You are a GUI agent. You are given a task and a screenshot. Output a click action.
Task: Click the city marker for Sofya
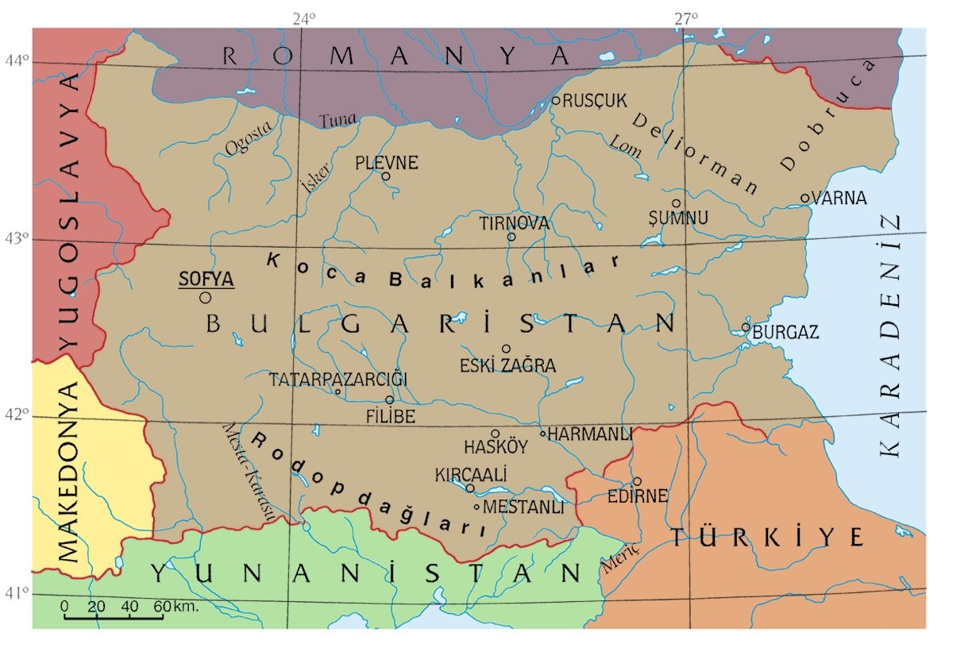(206, 298)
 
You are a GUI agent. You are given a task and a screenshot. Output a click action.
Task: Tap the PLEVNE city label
(386, 163)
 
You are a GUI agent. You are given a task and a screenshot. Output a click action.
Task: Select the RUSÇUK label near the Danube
(595, 100)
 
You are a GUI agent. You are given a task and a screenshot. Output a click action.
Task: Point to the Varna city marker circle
(804, 198)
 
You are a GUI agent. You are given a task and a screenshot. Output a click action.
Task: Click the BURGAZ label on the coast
(786, 333)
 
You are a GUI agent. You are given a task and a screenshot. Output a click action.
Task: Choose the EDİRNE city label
(637, 496)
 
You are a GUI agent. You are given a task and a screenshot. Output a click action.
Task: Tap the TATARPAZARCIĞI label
(338, 379)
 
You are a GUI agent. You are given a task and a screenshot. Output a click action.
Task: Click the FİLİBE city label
(391, 415)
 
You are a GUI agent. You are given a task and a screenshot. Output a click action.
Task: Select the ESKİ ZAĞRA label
(508, 366)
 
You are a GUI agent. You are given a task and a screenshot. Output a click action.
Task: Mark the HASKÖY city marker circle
(496, 434)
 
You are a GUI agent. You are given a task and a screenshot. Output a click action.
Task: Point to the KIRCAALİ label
(471, 473)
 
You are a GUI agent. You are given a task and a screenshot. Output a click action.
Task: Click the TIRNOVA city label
(514, 223)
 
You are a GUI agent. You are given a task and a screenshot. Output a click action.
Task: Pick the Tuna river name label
(338, 120)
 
